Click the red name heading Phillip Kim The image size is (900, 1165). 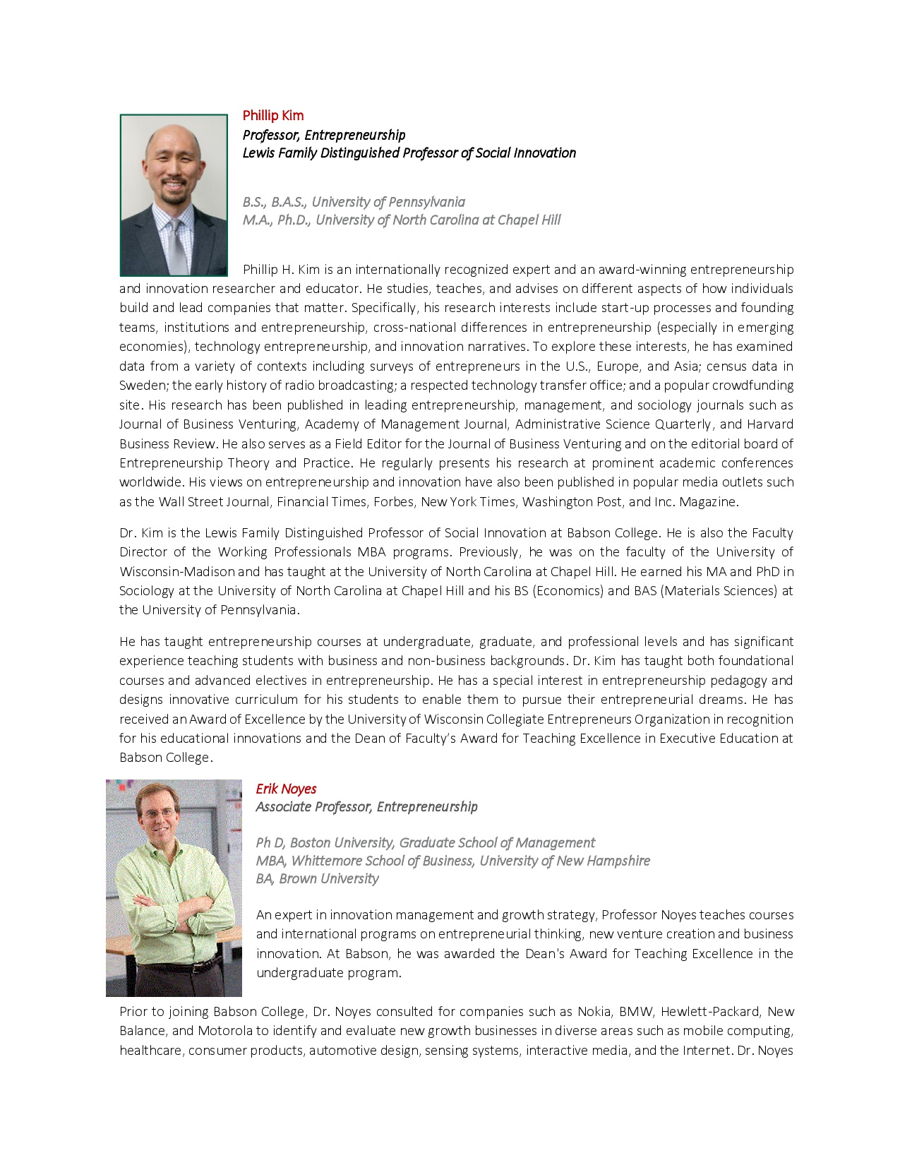click(272, 116)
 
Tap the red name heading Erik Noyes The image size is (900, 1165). click(286, 789)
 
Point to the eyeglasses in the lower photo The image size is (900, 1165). click(159, 813)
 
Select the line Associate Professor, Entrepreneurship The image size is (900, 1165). click(366, 807)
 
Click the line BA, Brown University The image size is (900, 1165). click(317, 879)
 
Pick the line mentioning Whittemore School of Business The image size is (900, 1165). click(452, 861)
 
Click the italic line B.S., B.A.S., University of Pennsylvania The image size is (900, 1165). click(354, 203)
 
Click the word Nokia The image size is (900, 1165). click(594, 1012)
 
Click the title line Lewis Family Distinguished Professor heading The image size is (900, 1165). click(409, 153)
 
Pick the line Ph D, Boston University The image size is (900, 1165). click(425, 843)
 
